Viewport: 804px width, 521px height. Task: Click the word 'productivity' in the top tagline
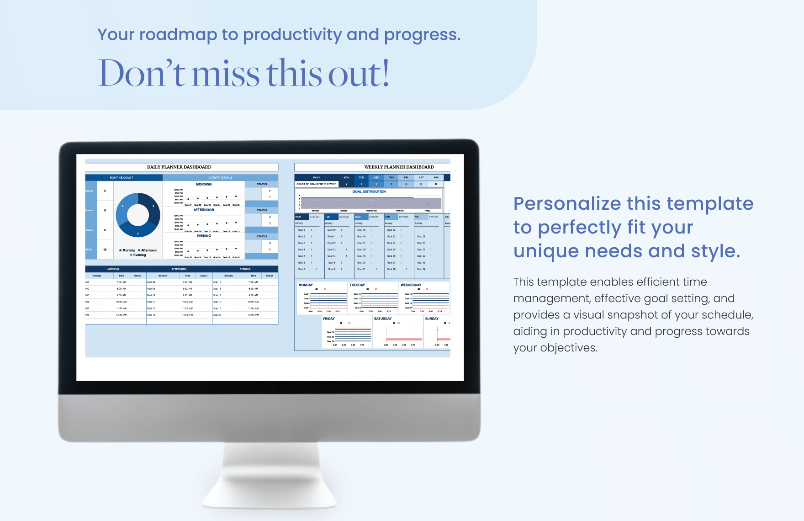click(292, 35)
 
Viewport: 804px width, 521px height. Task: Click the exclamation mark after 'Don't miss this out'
click(386, 73)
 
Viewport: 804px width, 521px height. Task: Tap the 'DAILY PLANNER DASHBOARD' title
click(179, 167)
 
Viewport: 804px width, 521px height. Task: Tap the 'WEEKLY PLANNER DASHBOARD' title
click(399, 167)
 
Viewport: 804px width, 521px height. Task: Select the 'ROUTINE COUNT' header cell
click(122, 178)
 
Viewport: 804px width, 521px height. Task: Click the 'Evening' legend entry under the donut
click(139, 255)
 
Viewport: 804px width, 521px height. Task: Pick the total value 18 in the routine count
click(105, 250)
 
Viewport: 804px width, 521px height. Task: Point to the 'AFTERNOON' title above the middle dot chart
click(204, 210)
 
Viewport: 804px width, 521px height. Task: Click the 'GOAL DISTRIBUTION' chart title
click(369, 192)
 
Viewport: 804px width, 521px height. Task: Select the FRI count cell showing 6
click(406, 184)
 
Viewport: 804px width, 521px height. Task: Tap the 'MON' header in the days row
click(346, 178)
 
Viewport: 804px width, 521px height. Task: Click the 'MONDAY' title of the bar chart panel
click(306, 285)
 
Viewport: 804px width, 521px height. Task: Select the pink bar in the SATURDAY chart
click(404, 339)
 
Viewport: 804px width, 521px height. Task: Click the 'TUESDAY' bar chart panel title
click(357, 285)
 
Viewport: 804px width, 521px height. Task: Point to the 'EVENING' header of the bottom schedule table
click(245, 269)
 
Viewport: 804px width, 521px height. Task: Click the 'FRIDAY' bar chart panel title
click(329, 319)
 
